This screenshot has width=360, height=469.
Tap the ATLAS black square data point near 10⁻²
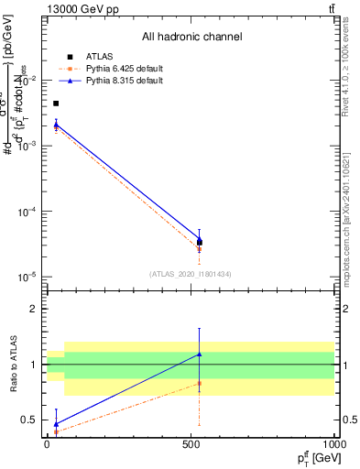tap(56, 104)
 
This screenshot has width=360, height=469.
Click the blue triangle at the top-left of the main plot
tap(56, 124)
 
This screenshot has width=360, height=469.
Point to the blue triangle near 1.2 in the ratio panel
tap(200, 354)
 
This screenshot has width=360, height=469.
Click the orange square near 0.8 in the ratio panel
tap(200, 384)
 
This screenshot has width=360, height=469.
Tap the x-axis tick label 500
tap(191, 444)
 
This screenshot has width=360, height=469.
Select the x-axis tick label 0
tap(48, 444)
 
